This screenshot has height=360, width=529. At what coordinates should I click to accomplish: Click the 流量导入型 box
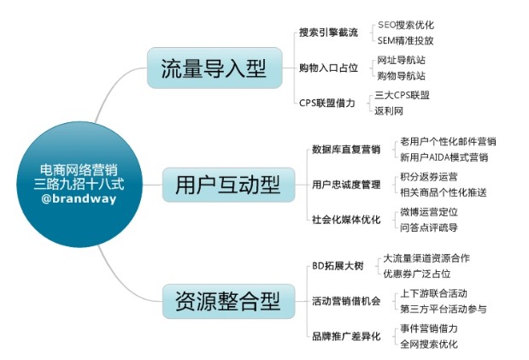click(215, 68)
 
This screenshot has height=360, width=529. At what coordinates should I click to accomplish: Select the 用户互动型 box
click(228, 185)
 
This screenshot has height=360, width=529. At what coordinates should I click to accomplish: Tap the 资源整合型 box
click(228, 301)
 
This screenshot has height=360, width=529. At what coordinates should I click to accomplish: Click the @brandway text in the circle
click(79, 198)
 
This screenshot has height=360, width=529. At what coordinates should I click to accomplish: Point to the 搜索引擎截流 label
click(328, 32)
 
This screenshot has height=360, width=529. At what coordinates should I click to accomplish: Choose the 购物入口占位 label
click(328, 68)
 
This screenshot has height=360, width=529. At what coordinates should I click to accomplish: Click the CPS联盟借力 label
click(327, 103)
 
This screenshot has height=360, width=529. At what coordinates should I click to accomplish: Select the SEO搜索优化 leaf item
click(406, 25)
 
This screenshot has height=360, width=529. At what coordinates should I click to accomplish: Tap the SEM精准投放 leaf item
click(405, 40)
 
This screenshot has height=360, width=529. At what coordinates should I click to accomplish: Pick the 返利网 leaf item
click(389, 110)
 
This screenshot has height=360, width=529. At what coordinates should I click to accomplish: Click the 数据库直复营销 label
click(346, 150)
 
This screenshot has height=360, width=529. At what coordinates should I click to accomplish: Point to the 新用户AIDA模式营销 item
click(444, 157)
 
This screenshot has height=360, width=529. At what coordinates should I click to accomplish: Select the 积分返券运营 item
click(429, 177)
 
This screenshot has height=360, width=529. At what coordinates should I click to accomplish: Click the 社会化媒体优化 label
click(346, 220)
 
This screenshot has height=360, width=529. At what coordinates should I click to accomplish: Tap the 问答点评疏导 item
click(429, 227)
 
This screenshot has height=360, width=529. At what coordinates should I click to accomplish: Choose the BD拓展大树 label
click(338, 266)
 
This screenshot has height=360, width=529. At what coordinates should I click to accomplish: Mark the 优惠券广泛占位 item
click(417, 274)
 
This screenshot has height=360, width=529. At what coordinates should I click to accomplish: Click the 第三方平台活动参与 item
click(444, 309)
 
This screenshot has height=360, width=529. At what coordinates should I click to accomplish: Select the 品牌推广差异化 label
click(346, 336)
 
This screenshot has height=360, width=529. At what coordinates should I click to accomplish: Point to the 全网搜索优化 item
click(429, 344)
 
